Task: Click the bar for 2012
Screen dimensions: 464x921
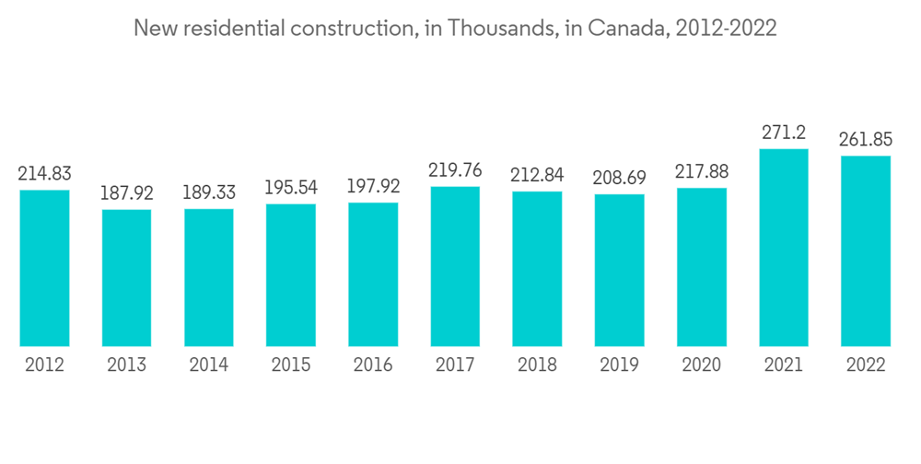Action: click(44, 268)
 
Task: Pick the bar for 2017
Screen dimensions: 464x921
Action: click(455, 266)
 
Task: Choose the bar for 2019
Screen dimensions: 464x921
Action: click(619, 270)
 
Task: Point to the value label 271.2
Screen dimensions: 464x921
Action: click(784, 133)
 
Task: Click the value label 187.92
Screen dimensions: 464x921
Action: click(126, 193)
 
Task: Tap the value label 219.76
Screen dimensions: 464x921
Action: click(455, 170)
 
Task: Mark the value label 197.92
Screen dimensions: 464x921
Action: click(373, 187)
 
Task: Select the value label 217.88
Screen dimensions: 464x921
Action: click(702, 172)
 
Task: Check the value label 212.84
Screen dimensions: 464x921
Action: click(537, 175)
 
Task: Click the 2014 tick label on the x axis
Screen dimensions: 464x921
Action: click(209, 365)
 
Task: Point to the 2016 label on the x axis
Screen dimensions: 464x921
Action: click(373, 365)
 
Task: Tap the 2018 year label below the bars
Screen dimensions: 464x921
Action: click(537, 365)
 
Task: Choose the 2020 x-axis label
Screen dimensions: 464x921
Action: click(702, 365)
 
